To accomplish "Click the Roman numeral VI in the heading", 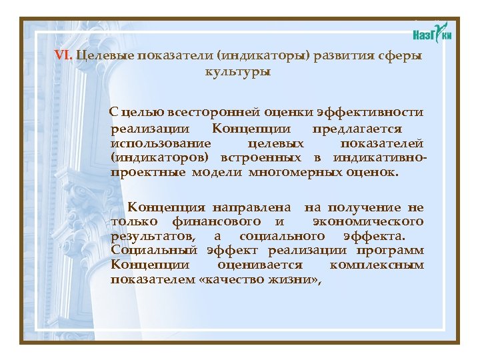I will (64, 56).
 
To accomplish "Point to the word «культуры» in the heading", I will (238, 71).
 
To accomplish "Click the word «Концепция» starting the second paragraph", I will (166, 208).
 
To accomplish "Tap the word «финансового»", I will (217, 221).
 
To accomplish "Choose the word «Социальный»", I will (154, 251).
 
